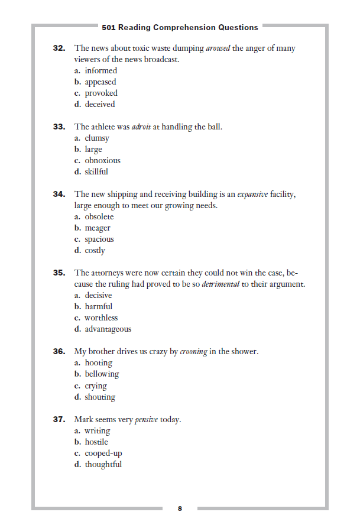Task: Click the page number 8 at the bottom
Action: [x=180, y=508]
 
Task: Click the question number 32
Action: [x=59, y=48]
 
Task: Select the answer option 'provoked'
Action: [x=100, y=93]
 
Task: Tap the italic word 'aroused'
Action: [x=218, y=48]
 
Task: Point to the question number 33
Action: [x=59, y=127]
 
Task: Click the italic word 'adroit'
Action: [x=140, y=127]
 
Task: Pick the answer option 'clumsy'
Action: [x=97, y=138]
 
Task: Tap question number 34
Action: [x=59, y=194]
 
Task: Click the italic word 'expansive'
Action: [x=252, y=194]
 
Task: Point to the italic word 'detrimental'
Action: [x=220, y=284]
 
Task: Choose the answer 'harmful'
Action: [x=98, y=306]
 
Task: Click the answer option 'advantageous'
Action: [x=108, y=329]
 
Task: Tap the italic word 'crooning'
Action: [x=194, y=352]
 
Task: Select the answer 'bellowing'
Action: [x=102, y=374]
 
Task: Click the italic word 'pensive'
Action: [x=147, y=420]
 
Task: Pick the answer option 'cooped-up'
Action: [x=103, y=453]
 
